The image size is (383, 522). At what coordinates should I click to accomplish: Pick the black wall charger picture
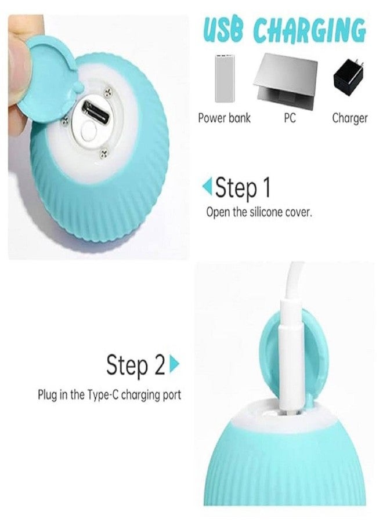349,78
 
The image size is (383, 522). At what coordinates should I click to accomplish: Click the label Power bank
224,118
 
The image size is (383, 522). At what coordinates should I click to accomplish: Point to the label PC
290,118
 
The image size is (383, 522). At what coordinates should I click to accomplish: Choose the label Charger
349,118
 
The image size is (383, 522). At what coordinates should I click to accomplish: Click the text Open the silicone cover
259,212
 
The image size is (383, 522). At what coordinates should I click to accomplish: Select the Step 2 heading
136,365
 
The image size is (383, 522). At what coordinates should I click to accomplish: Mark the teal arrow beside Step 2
174,365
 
